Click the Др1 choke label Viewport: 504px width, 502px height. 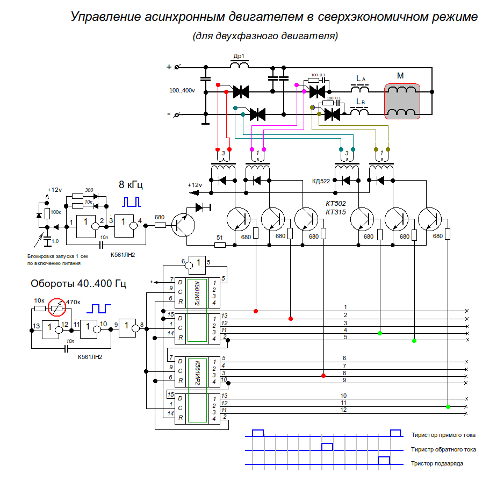[x=239, y=56]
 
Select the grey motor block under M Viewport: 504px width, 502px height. [x=402, y=101]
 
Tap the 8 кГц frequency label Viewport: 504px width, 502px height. [x=131, y=184]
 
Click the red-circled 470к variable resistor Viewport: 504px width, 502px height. [x=57, y=308]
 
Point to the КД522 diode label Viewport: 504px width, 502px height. [x=321, y=181]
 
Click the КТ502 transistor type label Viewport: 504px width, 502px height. [x=336, y=204]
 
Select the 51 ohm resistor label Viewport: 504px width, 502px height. [x=220, y=238]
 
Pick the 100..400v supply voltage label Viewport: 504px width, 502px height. [x=182, y=91]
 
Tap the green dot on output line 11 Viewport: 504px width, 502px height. [x=448, y=407]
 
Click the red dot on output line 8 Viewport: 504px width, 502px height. [x=323, y=376]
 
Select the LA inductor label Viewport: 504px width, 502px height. [x=361, y=78]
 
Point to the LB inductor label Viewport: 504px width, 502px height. [x=361, y=102]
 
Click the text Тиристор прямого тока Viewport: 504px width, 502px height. [x=443, y=435]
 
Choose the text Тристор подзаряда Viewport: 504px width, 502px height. [x=437, y=464]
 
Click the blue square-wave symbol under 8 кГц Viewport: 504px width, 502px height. [x=132, y=202]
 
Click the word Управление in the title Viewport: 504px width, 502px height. [x=105, y=17]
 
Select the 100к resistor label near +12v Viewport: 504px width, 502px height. [x=55, y=212]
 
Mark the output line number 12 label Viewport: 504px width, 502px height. [x=343, y=410]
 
